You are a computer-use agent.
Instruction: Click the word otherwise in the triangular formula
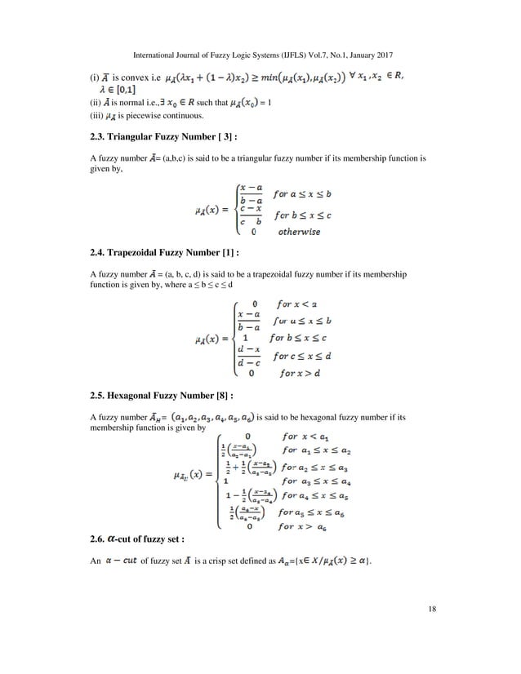pos(297,232)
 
